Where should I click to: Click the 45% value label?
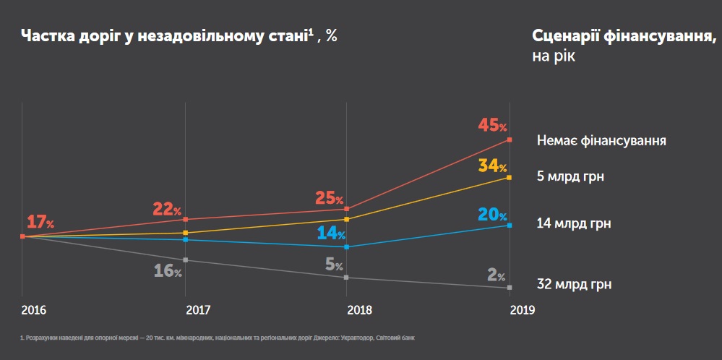tap(492, 126)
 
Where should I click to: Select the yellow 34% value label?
tap(492, 166)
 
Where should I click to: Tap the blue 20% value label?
tap(492, 215)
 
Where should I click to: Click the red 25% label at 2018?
tap(329, 198)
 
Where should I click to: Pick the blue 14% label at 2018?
tap(331, 233)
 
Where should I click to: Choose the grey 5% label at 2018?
tap(334, 265)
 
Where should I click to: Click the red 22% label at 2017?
tap(167, 210)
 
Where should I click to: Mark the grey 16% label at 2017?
tap(168, 271)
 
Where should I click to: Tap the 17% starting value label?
tap(40, 222)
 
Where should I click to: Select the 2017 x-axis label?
tap(198, 310)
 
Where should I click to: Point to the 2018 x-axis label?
tap(360, 310)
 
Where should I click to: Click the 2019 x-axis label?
tap(522, 310)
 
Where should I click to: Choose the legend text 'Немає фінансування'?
tap(601, 140)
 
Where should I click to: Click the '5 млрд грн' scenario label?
tap(570, 176)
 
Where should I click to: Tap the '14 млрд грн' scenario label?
tap(574, 223)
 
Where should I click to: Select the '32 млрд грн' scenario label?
tap(574, 285)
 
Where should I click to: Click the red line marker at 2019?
tap(510, 140)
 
